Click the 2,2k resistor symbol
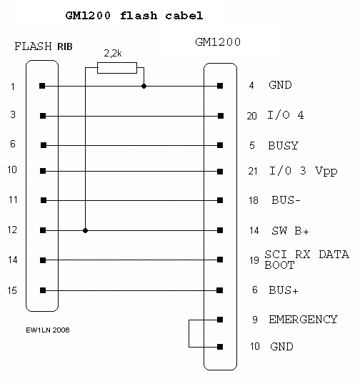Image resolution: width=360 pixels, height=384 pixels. tap(117, 68)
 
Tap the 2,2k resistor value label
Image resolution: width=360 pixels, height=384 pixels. tap(113, 53)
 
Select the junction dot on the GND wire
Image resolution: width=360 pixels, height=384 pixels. tap(144, 86)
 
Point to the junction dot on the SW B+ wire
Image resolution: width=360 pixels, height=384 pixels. tap(85, 230)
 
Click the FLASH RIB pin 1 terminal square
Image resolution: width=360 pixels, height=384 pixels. tap(42, 86)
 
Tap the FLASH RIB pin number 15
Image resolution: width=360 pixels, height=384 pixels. tap(12, 290)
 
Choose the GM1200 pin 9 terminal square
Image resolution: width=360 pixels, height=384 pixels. tap(220, 320)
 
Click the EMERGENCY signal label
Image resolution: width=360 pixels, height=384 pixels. tap(303, 320)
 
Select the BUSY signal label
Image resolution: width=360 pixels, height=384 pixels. tap(283, 145)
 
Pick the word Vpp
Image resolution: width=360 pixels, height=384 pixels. tap(326, 171)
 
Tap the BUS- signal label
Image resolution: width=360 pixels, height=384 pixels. tap(286, 200)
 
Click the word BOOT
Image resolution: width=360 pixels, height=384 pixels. tap(279, 265)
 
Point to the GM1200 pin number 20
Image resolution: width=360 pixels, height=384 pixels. tap(252, 116)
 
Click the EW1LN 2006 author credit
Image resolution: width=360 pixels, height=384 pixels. tap(48, 330)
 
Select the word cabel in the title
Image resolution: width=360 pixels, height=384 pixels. tap(184, 16)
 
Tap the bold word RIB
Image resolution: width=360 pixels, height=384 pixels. tap(65, 46)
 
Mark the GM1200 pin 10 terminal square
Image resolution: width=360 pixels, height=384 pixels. tap(220, 347)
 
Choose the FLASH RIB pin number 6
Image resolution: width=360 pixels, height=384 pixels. tap(13, 144)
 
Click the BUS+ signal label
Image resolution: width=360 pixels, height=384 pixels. tap(284, 290)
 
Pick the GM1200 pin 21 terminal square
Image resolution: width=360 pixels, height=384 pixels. tap(220, 172)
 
